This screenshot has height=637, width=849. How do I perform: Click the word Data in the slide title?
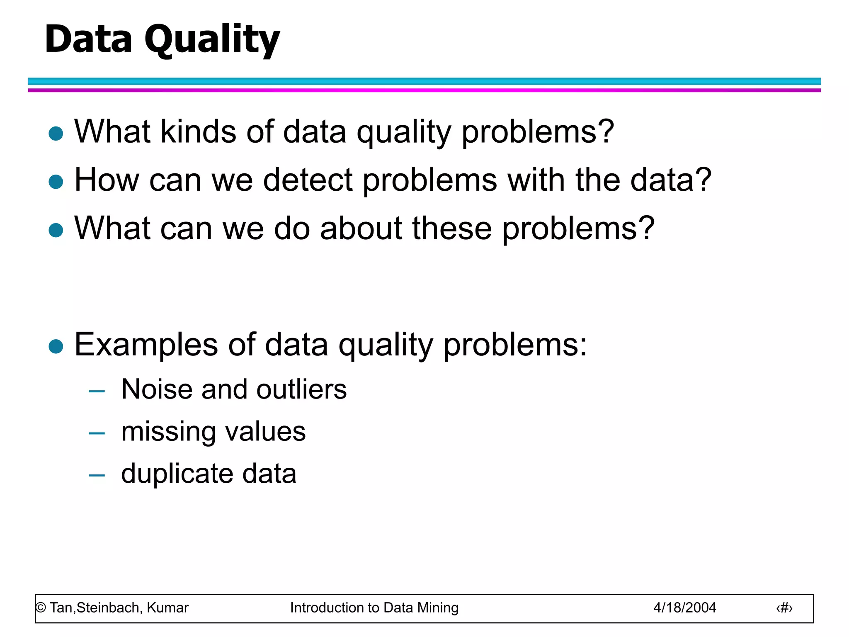click(88, 39)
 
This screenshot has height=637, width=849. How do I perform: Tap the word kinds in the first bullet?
click(198, 132)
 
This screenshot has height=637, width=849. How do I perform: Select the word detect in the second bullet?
click(308, 180)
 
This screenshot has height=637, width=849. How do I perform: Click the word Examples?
click(146, 345)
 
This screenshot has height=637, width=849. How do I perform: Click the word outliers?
click(301, 389)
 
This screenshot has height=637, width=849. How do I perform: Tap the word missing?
click(168, 432)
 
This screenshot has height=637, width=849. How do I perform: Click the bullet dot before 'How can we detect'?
click(56, 182)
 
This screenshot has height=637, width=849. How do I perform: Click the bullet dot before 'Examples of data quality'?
click(56, 346)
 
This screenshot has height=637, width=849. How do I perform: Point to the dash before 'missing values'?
click(97, 433)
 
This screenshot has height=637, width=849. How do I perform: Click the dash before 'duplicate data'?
click(97, 475)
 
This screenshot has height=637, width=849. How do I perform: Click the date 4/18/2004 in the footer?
click(684, 608)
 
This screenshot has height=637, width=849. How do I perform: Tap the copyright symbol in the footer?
click(41, 608)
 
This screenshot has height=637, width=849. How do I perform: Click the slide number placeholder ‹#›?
click(784, 608)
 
